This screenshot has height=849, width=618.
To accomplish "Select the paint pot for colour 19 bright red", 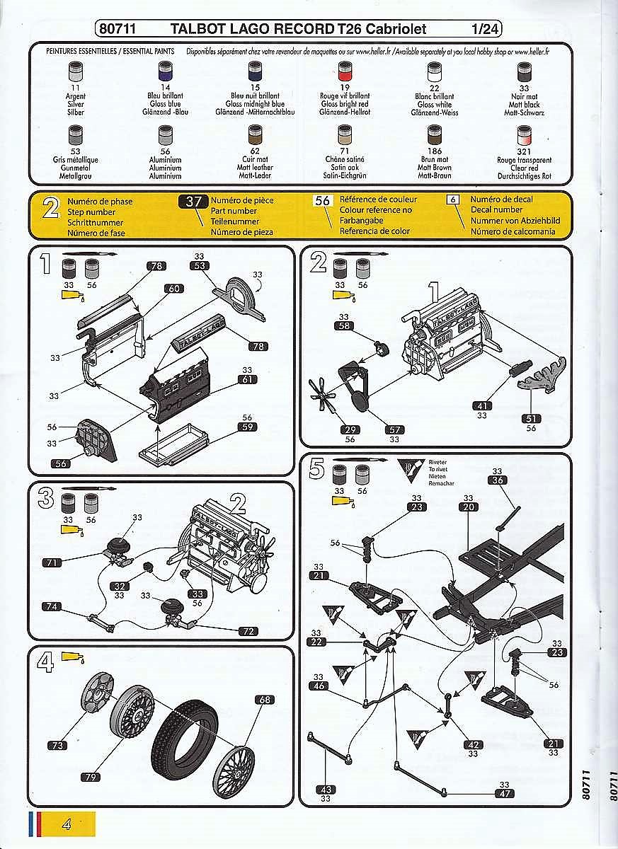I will [x=345, y=72].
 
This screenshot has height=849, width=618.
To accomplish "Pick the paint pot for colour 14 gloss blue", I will [x=166, y=72].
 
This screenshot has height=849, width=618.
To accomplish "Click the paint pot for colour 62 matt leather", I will [x=255, y=134].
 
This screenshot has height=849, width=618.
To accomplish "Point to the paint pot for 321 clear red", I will [x=524, y=135].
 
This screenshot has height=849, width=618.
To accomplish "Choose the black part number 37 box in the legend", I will [x=193, y=201].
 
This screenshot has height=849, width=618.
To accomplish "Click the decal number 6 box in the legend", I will [x=454, y=200].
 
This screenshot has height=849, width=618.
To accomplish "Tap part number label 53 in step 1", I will [x=199, y=266].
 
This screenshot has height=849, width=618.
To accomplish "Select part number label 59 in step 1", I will [x=247, y=427].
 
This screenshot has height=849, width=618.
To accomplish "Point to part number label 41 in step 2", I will [x=481, y=406].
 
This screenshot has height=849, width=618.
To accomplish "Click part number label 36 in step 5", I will [x=497, y=480].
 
